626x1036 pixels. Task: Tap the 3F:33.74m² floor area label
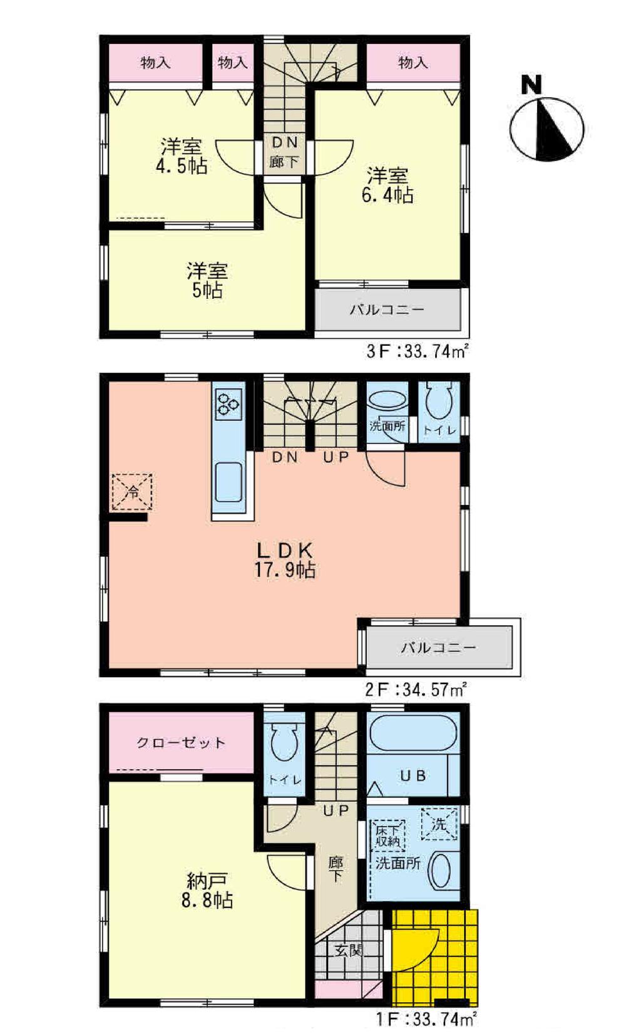[418, 351]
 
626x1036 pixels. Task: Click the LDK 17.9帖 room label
[285, 560]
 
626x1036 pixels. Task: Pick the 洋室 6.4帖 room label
[387, 185]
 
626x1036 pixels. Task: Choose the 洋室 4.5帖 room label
[182, 157]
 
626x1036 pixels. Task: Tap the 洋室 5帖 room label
[207, 281]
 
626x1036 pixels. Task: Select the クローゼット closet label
[181, 743]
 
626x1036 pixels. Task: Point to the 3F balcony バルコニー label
[387, 309]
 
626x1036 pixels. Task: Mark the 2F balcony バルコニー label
[438, 647]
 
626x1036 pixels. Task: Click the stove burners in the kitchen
[228, 404]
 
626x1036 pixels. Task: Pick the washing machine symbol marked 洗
[439, 824]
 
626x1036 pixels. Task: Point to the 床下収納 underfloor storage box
[388, 834]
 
